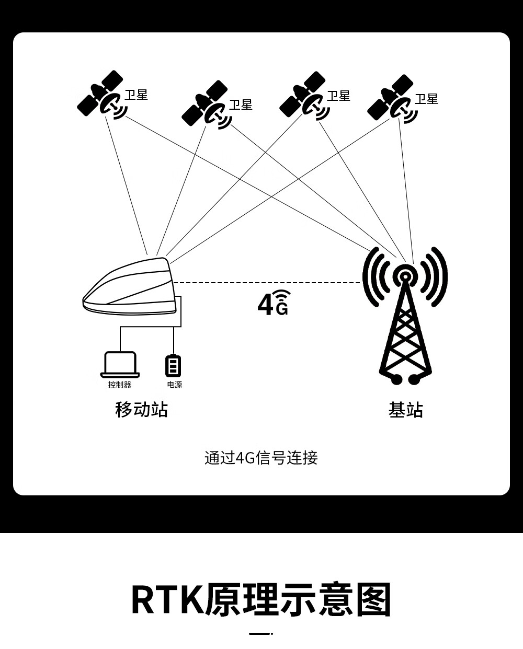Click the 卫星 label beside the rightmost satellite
pyautogui.click(x=426, y=99)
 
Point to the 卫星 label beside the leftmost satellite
pyautogui.click(x=136, y=95)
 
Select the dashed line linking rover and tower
pyautogui.click(x=267, y=283)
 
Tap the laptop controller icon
pyautogui.click(x=120, y=364)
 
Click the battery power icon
pyautogui.click(x=173, y=365)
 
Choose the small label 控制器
pyautogui.click(x=120, y=385)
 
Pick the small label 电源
pyautogui.click(x=175, y=385)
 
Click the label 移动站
pyautogui.click(x=141, y=409)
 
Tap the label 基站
pyautogui.click(x=405, y=410)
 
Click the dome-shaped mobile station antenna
pyautogui.click(x=131, y=287)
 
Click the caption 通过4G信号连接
pyautogui.click(x=261, y=458)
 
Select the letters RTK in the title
pyautogui.click(x=166, y=600)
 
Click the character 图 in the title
pyautogui.click(x=373, y=600)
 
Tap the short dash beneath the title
pyautogui.click(x=260, y=634)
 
